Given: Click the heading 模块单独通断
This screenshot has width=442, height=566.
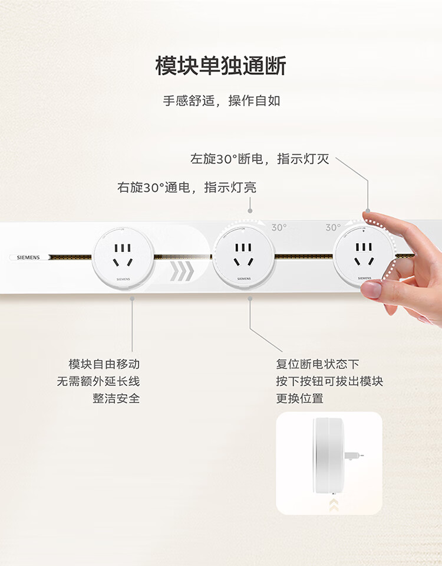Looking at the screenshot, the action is click(221, 66).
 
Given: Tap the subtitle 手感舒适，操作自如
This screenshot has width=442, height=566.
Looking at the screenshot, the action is click(222, 101).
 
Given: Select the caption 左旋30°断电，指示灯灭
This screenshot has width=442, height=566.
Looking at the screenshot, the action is click(259, 159).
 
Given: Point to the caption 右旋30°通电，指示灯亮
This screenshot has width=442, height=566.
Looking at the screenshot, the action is click(187, 187).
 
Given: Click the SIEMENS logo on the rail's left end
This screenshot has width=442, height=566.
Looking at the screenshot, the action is click(28, 257).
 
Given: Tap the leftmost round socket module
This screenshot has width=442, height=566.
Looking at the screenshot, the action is click(123, 258).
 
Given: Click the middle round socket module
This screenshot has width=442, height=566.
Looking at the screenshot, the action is click(244, 257).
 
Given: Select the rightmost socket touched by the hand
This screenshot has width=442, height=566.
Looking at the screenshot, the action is click(364, 256).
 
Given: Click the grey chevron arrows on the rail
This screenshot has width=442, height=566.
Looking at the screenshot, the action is click(182, 271).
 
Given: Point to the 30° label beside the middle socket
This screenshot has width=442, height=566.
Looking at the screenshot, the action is click(279, 227).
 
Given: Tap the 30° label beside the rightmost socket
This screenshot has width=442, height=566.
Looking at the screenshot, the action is click(333, 227).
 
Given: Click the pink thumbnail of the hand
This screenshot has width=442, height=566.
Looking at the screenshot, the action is click(371, 289).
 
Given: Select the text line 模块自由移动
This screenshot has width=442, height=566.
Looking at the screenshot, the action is click(104, 364).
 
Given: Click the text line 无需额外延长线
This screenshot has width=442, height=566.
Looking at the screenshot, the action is click(98, 381).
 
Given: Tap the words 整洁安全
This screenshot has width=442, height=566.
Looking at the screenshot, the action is click(116, 398).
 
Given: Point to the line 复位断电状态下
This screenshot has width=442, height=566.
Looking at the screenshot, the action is click(318, 364).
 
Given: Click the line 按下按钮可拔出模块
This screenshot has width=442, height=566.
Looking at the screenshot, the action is click(329, 381).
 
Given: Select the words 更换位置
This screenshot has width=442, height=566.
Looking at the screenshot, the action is click(299, 398).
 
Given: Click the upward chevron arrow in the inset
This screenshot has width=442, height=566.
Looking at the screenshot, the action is click(334, 505).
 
